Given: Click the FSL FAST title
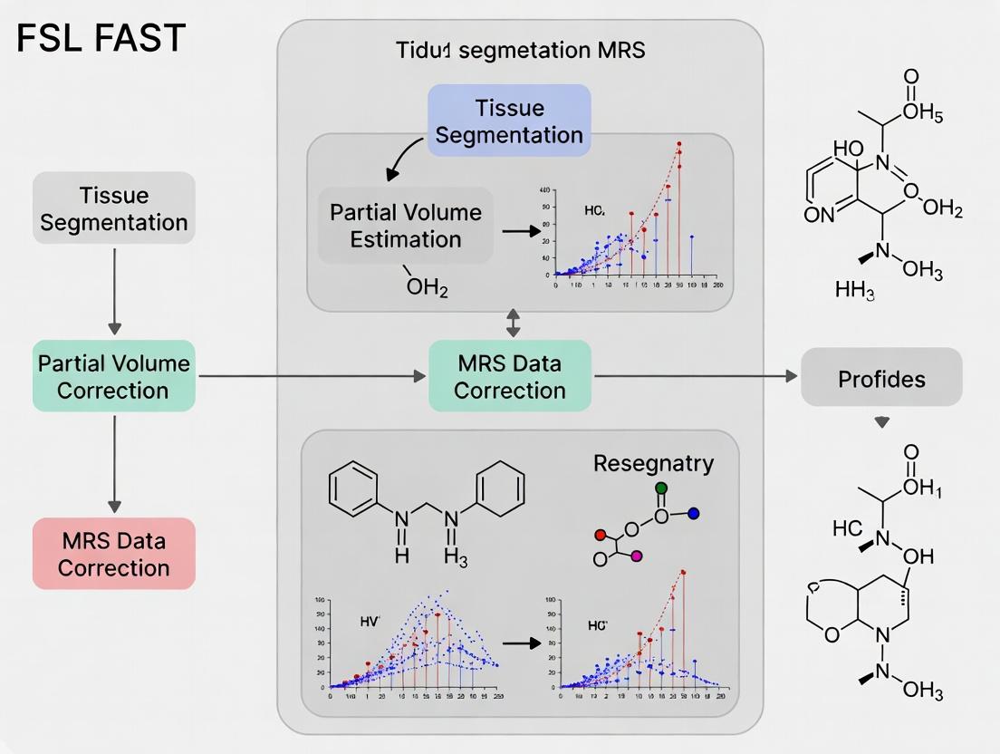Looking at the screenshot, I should tap(101, 38).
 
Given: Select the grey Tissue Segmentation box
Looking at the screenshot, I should tap(114, 208).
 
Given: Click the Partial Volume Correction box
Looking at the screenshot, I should tap(114, 376).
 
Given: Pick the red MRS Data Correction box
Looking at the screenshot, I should tap(114, 554).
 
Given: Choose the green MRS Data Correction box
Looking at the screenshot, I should tap(510, 377).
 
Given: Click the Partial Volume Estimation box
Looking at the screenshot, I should tap(406, 226).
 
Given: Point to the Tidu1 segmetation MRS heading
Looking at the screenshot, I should tap(520, 50).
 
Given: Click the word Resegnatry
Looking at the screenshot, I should tap(653, 463).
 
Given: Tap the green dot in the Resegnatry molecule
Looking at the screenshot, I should tap(661, 488).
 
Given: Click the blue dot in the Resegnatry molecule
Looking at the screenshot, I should tap(694, 514).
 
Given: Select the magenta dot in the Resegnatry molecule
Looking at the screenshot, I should tap(637, 555).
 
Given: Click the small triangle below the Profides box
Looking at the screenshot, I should tap(881, 421).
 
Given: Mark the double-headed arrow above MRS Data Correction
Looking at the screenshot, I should tap(514, 323).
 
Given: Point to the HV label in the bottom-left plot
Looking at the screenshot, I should tap(370, 621).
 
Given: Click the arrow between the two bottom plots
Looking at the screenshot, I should tap(518, 642).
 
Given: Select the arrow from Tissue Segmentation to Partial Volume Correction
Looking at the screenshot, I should tap(114, 289).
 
